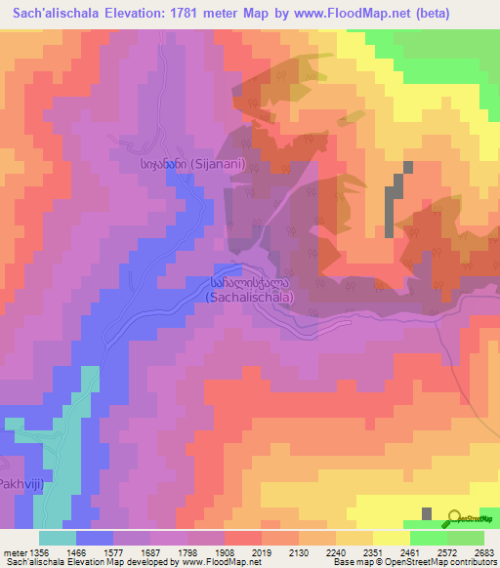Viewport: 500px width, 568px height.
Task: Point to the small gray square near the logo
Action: point(428,513)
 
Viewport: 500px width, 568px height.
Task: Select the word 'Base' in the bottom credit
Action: point(345,562)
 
